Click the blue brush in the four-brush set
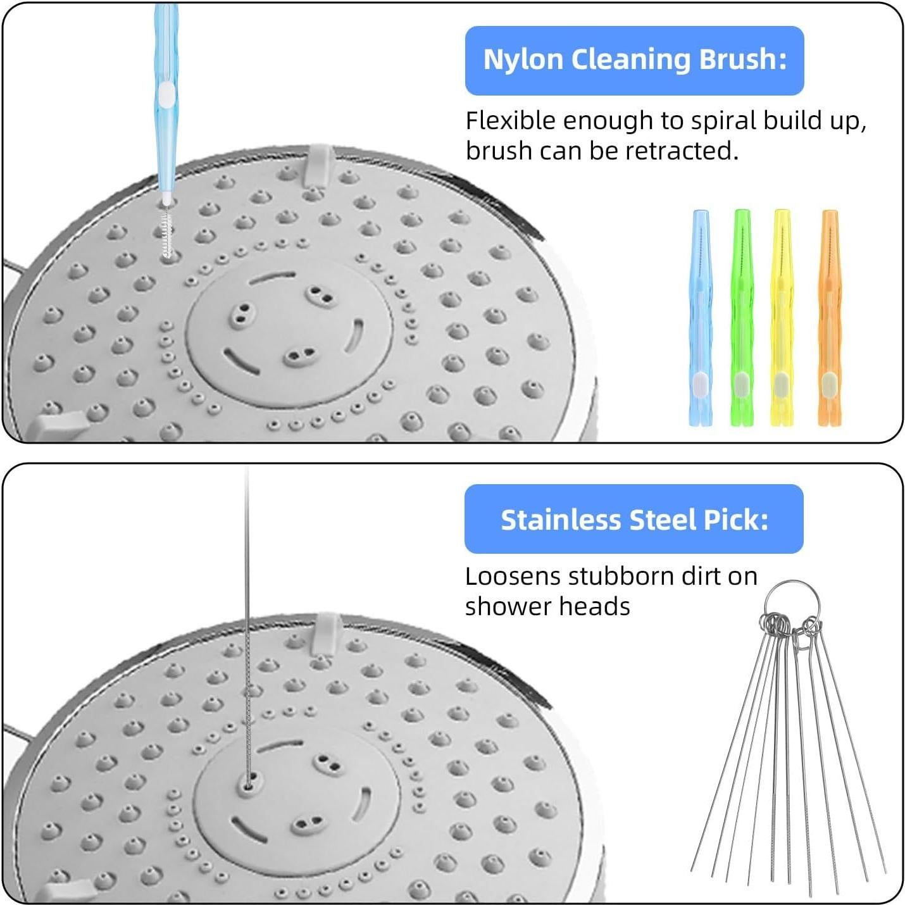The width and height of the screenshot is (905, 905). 699,316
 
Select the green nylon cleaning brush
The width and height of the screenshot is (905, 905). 742,316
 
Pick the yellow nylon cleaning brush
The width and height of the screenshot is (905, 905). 782,316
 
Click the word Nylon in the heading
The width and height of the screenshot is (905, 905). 523,60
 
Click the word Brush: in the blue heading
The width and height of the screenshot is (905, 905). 742,60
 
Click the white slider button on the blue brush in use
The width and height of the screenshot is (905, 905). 166,94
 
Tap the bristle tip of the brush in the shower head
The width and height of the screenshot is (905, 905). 167,234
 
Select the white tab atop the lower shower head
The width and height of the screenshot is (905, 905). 325,630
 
